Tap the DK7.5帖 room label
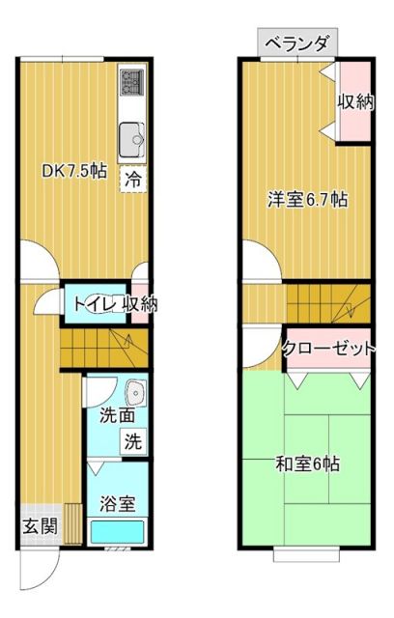pyautogui.click(x=73, y=171)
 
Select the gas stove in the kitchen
pyautogui.click(x=130, y=85)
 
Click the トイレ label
pyautogui.click(x=92, y=304)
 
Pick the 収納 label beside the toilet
pyautogui.click(x=139, y=304)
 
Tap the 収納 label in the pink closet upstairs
pyautogui.click(x=354, y=101)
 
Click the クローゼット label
pyautogui.click(x=328, y=350)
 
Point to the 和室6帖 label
pyautogui.click(x=307, y=463)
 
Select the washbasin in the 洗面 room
pyautogui.click(x=135, y=392)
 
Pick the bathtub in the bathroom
pyautogui.click(x=116, y=532)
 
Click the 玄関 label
pyautogui.click(x=40, y=526)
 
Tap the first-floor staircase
pyautogui.click(x=101, y=348)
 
